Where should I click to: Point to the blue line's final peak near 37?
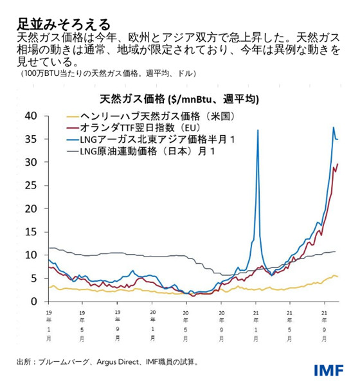pos(333,127)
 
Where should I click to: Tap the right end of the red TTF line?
pos(338,164)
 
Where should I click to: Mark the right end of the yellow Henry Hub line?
pos(337,277)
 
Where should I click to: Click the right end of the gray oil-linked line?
pos(335,251)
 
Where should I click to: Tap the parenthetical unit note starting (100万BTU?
pos(107,73)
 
